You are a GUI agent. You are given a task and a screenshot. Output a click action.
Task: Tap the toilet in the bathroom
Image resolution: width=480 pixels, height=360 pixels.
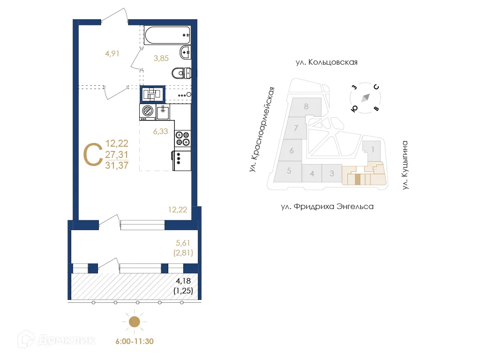pyautogui.click(x=181, y=74)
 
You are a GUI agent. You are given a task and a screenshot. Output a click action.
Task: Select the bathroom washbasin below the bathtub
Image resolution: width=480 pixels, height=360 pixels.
pyautogui.click(x=185, y=52)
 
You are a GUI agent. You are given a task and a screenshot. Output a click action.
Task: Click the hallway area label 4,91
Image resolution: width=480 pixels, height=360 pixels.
pyautogui.click(x=112, y=53)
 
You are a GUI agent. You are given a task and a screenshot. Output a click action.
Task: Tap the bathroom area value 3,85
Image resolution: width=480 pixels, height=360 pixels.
pyautogui.click(x=161, y=59)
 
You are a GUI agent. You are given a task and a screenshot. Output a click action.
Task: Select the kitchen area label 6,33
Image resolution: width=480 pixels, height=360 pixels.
pyautogui.click(x=160, y=132)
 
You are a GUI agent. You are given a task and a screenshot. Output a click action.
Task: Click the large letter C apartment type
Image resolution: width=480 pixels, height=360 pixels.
pyautogui.click(x=92, y=154)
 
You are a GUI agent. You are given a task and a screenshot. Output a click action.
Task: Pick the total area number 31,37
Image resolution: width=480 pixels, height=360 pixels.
pyautogui.click(x=117, y=165)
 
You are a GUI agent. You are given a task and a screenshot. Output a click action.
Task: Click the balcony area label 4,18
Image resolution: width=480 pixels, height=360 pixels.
pyautogui.click(x=184, y=281)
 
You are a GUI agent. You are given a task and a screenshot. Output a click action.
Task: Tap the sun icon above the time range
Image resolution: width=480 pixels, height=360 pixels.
pyautogui.click(x=135, y=322)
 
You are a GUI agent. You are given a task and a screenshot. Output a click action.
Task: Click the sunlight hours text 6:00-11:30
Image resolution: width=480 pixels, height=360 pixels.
pyautogui.click(x=135, y=341)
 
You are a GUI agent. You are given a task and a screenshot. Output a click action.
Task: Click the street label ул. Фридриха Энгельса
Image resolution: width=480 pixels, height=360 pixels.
pyautogui.click(x=327, y=206)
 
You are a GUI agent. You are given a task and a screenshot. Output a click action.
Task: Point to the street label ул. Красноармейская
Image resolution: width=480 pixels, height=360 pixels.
pyautogui.click(x=262, y=129)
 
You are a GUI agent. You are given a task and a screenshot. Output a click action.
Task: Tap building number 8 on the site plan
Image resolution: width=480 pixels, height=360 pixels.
pyautogui.click(x=306, y=106)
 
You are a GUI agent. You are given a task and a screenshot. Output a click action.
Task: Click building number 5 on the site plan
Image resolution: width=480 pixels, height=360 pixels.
pyautogui.click(x=289, y=171)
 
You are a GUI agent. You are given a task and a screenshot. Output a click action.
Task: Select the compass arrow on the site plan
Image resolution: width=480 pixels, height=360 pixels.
pyautogui.click(x=365, y=97)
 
